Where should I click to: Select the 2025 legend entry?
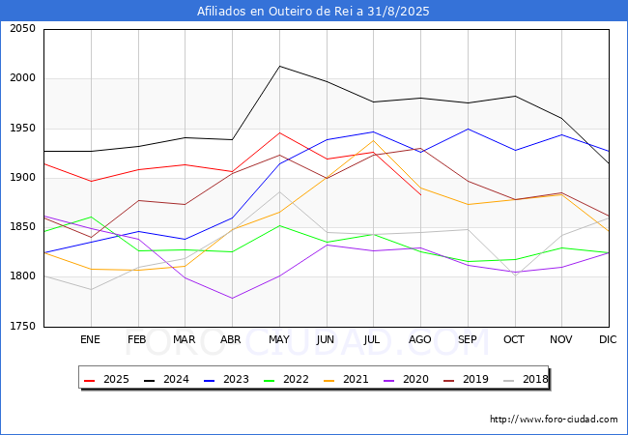(x=107, y=379)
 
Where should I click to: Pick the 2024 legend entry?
(x=166, y=379)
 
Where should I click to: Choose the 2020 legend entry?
(x=407, y=379)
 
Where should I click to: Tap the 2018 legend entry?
(x=526, y=379)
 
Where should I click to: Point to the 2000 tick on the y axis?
(x=23, y=77)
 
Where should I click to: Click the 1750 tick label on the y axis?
(x=23, y=326)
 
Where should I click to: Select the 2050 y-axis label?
(x=23, y=28)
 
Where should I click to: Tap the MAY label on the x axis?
(x=279, y=339)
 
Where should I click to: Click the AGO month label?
(x=419, y=339)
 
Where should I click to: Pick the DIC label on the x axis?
(x=608, y=339)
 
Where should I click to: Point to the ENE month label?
(x=90, y=339)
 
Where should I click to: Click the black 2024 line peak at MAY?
(x=279, y=66)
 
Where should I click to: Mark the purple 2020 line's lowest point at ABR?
(x=232, y=298)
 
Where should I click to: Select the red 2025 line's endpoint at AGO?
(x=420, y=194)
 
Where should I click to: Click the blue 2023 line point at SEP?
(x=468, y=129)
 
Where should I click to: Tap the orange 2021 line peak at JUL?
(x=374, y=140)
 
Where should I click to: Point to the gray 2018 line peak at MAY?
(x=279, y=191)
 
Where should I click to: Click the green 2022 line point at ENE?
(x=92, y=217)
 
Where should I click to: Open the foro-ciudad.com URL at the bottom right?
(x=554, y=420)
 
